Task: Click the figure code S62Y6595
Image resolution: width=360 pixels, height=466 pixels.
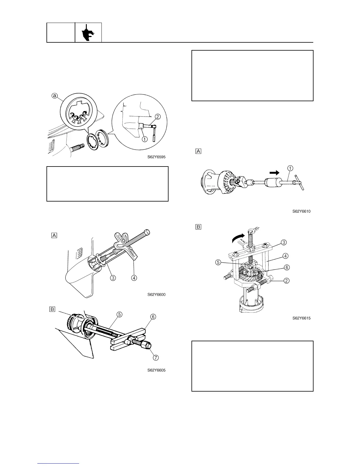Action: coord(156,157)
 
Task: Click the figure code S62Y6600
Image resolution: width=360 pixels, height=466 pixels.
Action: coord(156,294)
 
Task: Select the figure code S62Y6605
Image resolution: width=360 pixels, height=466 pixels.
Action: coord(156,370)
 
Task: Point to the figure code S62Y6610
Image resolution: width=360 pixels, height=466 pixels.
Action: coord(301,211)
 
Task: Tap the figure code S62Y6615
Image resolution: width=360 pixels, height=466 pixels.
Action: coord(301,318)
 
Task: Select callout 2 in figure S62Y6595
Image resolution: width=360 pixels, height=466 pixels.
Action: coord(158,117)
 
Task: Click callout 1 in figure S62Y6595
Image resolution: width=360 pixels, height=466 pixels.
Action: coord(145,140)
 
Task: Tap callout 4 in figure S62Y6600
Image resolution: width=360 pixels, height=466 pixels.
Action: coord(134,277)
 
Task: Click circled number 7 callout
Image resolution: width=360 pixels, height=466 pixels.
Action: coord(156,357)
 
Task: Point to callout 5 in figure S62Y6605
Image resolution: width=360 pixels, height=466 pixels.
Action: coord(119,314)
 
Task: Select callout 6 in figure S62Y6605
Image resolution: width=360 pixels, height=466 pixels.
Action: coord(153,317)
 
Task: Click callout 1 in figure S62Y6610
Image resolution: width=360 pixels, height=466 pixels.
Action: coord(290,168)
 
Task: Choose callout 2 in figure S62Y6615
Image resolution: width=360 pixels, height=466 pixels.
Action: coord(286,280)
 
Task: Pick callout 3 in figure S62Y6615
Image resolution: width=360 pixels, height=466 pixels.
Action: coord(284,242)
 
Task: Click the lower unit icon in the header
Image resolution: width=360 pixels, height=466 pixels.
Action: coord(88,32)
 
